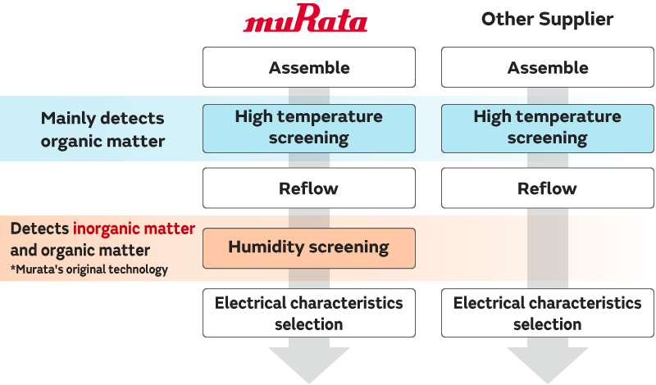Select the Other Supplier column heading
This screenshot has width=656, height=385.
pos(547,20)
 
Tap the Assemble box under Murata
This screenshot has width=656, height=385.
pos(309,67)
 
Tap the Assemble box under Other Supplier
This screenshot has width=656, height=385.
pos(548,67)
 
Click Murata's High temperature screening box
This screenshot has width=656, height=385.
pos(309,127)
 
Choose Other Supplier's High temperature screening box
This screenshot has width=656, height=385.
pos(548,127)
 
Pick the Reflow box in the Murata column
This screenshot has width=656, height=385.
pos(309,188)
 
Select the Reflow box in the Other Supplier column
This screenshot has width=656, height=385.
pos(548,188)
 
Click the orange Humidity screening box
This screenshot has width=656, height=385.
pos(309,247)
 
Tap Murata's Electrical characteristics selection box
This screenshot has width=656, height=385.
pos(309,313)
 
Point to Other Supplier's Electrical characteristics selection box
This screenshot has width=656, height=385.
pos(548,313)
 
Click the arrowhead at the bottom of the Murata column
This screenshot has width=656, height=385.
pos(309,364)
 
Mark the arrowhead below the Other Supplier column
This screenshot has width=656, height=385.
pos(548,364)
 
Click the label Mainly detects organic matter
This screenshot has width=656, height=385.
pos(102,129)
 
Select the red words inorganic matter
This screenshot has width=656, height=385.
pos(134,229)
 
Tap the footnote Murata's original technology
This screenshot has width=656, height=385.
pos(89,269)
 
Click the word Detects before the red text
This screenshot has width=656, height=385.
pos(40,229)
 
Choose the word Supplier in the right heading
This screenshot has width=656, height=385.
pos(574,20)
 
